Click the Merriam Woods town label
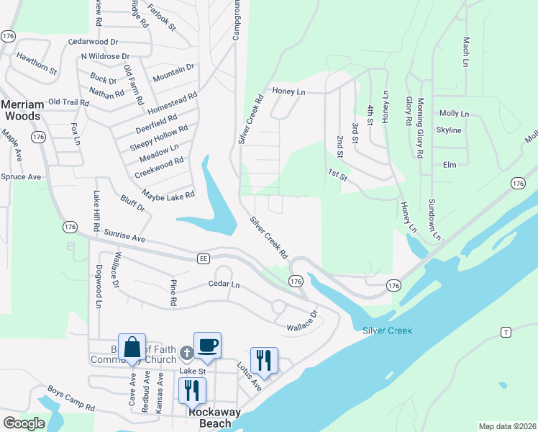[x=22, y=109]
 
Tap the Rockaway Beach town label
[x=209, y=418]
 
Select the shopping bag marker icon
[x=132, y=349]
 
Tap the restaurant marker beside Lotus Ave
[x=264, y=361]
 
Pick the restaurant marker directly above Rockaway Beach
[x=192, y=391]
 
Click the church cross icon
[x=186, y=353]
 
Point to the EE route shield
[x=204, y=258]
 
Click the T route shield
[x=506, y=331]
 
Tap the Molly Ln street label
[x=454, y=114]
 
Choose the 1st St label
[x=337, y=174]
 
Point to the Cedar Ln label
[x=224, y=284]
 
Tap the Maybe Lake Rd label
[x=168, y=196]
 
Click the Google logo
[x=24, y=423]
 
